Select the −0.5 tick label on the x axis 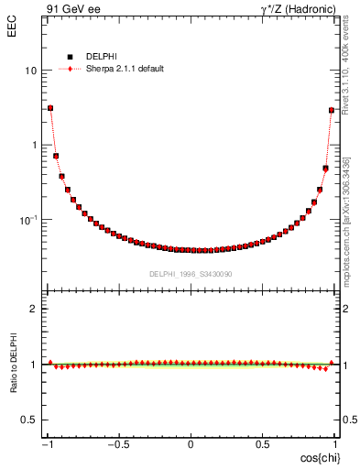click(117, 445)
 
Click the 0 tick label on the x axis click(191, 445)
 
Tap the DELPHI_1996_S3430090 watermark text click(191, 274)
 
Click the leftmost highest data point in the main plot click(50, 107)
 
